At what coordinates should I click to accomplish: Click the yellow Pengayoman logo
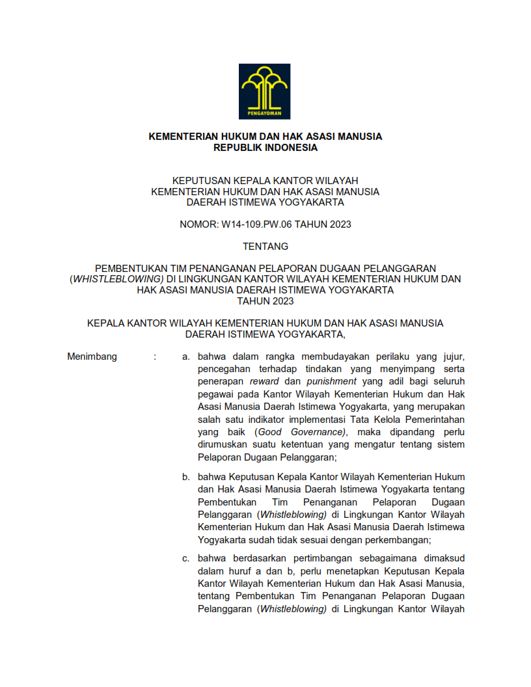[x=265, y=90]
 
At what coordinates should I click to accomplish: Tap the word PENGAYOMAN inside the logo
[x=265, y=114]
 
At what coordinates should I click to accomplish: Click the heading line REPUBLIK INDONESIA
[x=265, y=148]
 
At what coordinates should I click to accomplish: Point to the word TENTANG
[x=265, y=247]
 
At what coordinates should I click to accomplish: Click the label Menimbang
[x=92, y=357]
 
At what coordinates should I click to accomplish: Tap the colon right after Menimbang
[x=155, y=357]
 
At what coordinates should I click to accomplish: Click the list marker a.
[x=185, y=357]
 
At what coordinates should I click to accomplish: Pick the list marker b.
[x=185, y=478]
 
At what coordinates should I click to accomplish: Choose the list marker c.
[x=185, y=558]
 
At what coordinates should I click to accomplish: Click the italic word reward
[x=264, y=381]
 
